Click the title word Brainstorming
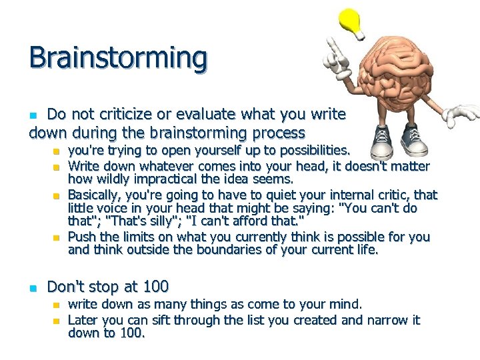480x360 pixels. point(118,59)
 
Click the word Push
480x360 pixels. point(81,237)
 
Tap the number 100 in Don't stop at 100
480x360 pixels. point(155,287)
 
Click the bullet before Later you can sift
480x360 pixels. point(56,321)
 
